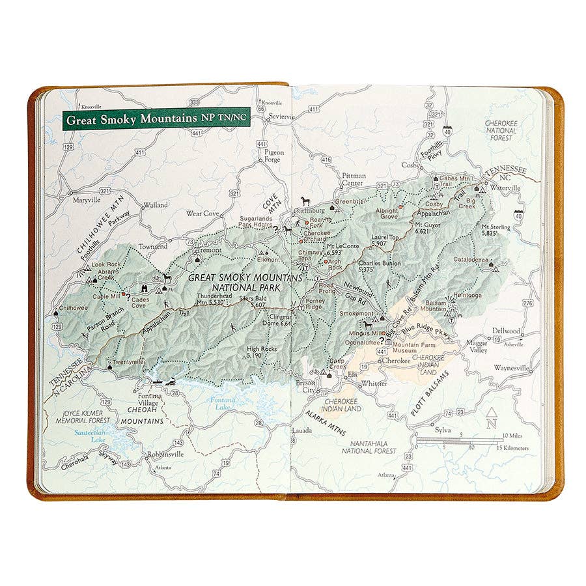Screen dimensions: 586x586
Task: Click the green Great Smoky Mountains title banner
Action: (x=156, y=119)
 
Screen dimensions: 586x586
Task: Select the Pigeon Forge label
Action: (x=273, y=156)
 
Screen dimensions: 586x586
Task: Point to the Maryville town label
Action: (x=88, y=200)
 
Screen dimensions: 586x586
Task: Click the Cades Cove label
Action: (x=140, y=303)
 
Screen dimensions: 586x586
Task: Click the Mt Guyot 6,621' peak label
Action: (x=428, y=227)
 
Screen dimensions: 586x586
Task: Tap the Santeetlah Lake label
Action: (x=91, y=436)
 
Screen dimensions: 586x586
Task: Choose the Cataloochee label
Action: (x=472, y=258)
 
